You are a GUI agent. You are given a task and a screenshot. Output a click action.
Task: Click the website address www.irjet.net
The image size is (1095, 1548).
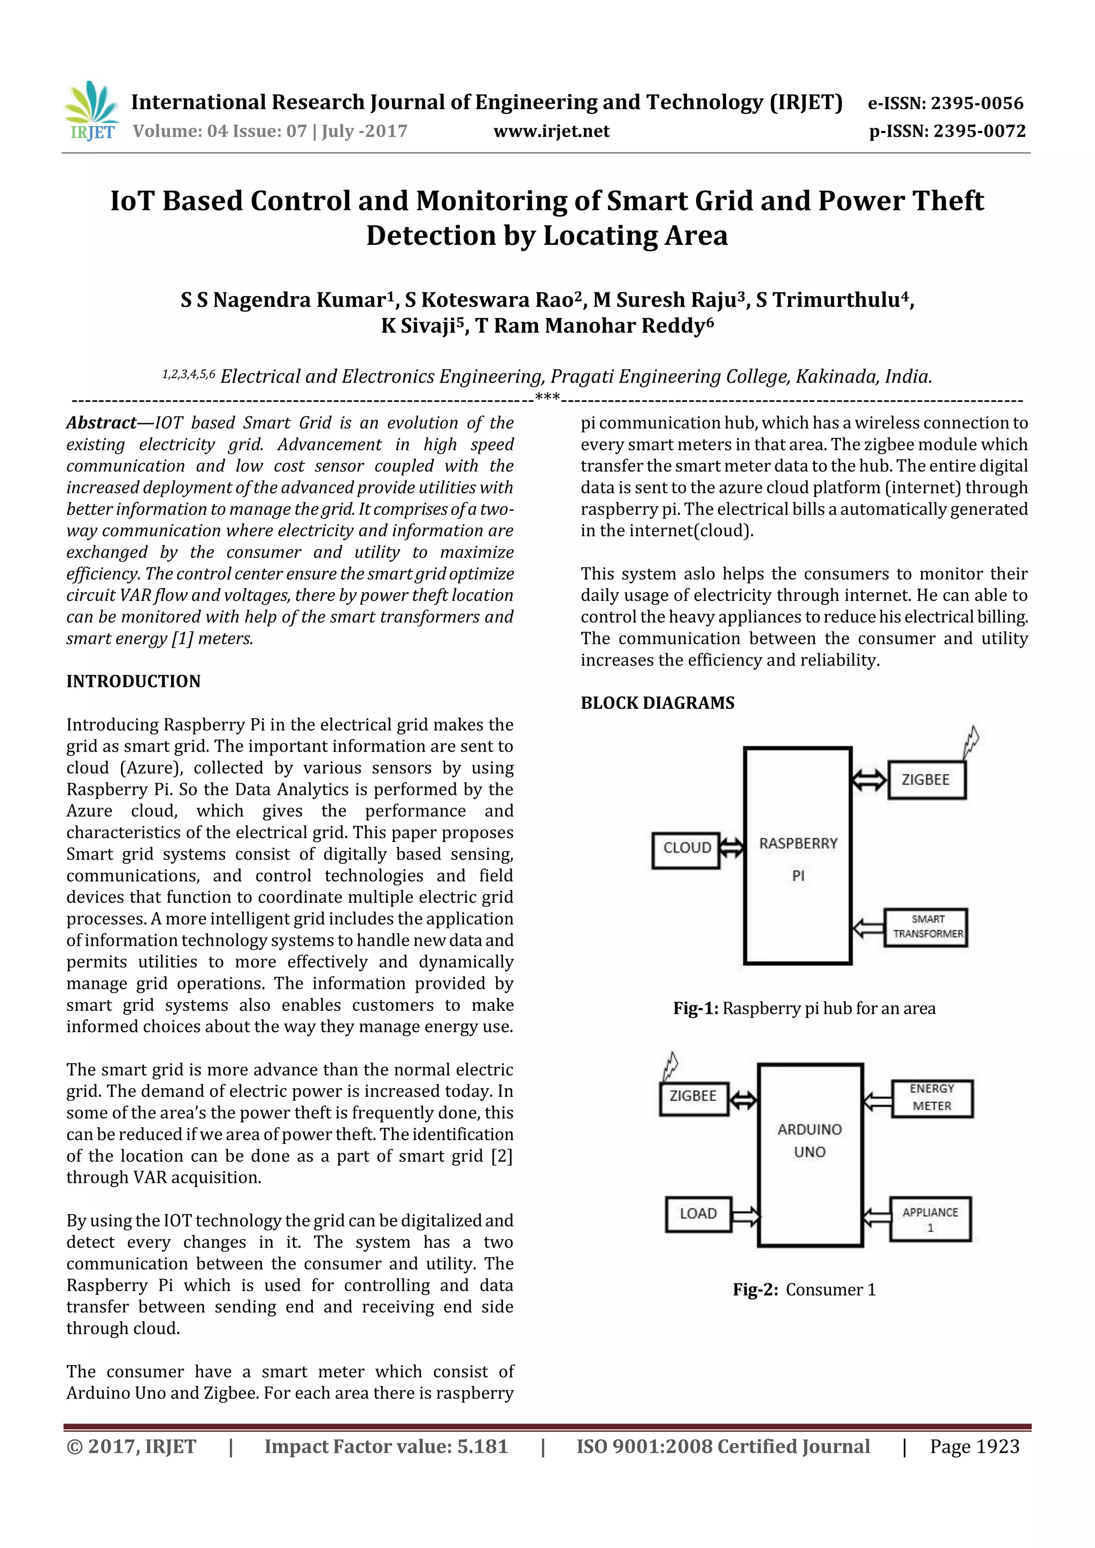tap(551, 131)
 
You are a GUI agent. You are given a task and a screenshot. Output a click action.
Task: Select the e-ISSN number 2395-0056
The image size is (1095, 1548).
tap(976, 103)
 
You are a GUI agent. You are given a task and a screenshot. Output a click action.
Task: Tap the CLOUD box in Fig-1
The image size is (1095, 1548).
tap(687, 848)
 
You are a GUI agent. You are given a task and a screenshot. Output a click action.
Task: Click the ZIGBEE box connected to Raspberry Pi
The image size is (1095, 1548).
tap(927, 779)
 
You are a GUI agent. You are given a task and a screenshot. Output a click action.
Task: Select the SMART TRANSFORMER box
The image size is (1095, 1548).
tap(927, 927)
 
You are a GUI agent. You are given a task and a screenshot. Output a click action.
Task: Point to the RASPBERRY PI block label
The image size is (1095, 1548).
tap(798, 858)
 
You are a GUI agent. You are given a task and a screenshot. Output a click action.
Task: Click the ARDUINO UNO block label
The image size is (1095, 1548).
tap(810, 1140)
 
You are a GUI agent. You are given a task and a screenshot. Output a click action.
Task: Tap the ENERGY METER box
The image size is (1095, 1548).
tap(932, 1097)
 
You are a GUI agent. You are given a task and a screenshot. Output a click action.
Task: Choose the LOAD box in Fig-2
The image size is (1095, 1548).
tap(698, 1213)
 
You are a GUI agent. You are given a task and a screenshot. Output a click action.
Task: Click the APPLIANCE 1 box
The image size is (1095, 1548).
tap(930, 1219)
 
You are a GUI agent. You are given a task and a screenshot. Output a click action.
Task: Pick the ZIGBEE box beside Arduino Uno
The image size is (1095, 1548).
tap(693, 1096)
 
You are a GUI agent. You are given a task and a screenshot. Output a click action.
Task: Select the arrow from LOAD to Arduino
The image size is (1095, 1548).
tap(746, 1216)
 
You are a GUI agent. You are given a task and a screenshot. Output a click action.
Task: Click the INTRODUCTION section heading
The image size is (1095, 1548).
tap(134, 681)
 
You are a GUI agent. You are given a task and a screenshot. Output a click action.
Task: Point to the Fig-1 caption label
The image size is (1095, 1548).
tap(696, 1009)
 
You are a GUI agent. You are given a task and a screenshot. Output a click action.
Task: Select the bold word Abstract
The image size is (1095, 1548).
tap(101, 423)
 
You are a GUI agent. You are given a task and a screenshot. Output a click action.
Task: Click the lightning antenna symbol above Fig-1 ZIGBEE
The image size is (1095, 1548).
tap(971, 741)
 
